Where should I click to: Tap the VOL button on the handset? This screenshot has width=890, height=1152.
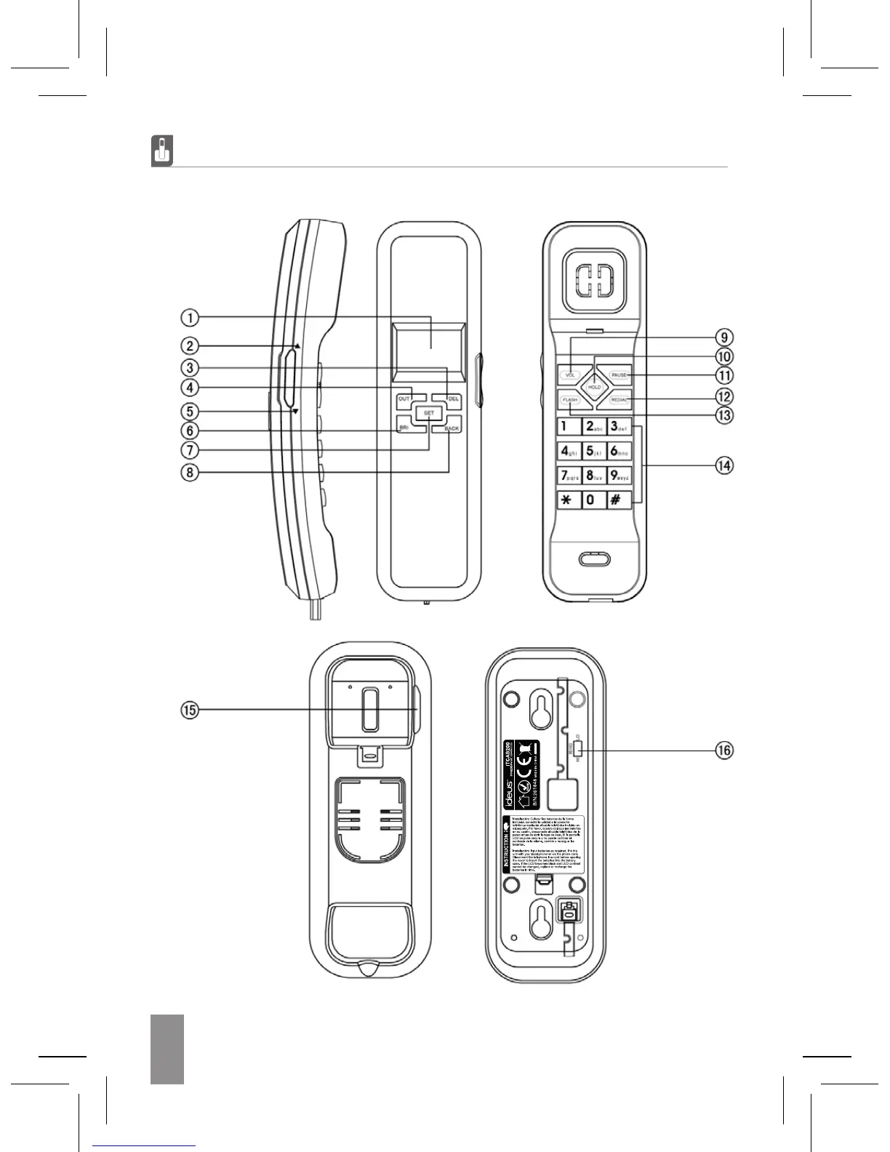570,375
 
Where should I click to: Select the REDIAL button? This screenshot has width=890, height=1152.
620,400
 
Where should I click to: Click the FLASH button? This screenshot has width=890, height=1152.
569,400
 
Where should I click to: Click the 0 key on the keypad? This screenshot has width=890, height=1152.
592,500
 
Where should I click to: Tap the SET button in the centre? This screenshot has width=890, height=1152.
429,413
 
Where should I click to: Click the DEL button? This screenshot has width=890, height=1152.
453,399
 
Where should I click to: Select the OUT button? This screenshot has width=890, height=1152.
404,399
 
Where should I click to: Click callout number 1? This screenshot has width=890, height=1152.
189,318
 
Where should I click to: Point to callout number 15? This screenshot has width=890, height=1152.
189,711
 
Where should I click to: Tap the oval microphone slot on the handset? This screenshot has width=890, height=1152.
595,559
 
